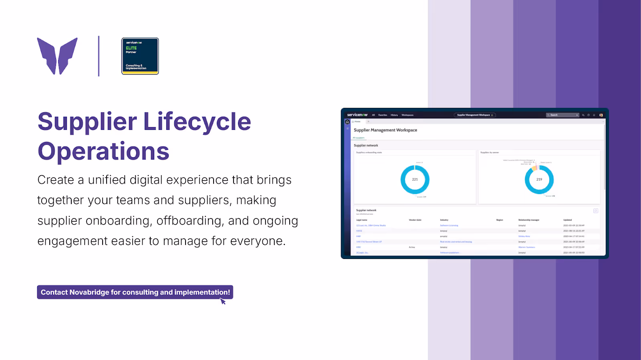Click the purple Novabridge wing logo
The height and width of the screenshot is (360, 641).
[57, 56]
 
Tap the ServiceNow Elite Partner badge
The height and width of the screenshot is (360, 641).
[140, 56]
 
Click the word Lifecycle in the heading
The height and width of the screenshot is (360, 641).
[197, 121]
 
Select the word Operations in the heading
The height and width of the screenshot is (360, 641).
[103, 152]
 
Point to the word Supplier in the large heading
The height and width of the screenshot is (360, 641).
[87, 121]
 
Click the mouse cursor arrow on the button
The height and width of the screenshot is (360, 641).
[223, 301]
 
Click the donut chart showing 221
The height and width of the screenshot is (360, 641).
[415, 180]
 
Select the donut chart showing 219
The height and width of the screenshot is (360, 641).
[539, 180]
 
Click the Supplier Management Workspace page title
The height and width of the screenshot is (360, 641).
[385, 130]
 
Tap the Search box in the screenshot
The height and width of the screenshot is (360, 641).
[562, 115]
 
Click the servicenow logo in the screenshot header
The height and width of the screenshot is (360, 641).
[357, 115]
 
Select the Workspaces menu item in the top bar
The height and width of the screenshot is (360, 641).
[407, 115]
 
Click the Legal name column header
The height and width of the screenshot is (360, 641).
[361, 220]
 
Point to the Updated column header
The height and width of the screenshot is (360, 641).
[567, 220]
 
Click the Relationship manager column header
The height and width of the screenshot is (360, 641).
[528, 220]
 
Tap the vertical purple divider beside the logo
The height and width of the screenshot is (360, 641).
[99, 56]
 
